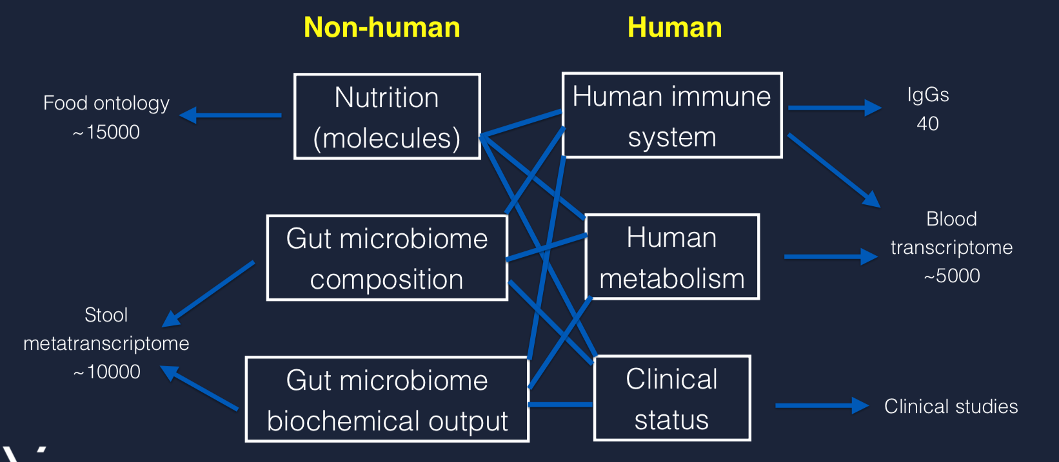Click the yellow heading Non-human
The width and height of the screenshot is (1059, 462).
tap(382, 28)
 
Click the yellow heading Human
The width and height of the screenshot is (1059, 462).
tap(675, 28)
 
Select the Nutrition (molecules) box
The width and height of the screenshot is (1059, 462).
tap(387, 117)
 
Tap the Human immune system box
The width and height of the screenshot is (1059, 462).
tap(672, 115)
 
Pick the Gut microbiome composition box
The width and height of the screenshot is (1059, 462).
tap(387, 258)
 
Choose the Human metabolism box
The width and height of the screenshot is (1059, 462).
tap(672, 257)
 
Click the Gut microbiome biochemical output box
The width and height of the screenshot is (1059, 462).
tap(387, 399)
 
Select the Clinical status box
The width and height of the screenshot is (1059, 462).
tap(672, 398)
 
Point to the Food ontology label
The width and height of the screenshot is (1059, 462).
tap(106, 103)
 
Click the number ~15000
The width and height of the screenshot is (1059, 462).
tap(106, 132)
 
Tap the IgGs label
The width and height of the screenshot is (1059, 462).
tap(928, 95)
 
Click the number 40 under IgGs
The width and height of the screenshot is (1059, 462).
tap(927, 124)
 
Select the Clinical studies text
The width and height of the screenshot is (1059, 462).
tap(951, 407)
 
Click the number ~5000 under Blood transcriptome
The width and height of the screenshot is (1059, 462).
tap(952, 276)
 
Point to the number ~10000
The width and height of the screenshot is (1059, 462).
tap(106, 372)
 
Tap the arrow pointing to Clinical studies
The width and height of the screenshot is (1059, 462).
tap(822, 405)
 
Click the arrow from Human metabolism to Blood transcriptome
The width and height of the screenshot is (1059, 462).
tap(831, 256)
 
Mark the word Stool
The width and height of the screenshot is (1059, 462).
tap(106, 315)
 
